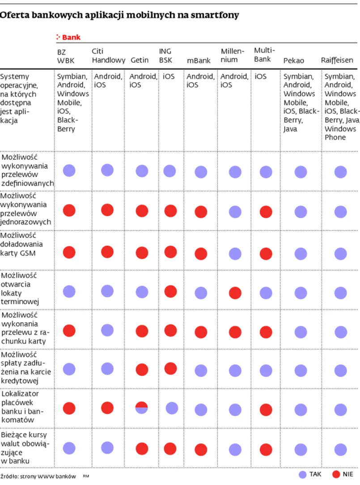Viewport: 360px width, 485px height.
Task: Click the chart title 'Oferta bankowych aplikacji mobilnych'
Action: [x=119, y=15]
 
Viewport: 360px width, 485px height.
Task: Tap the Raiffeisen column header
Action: [x=337, y=60]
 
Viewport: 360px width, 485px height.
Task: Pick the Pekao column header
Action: [x=294, y=60]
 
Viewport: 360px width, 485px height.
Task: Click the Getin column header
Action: [x=140, y=60]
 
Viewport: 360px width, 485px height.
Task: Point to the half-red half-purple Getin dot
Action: [x=142, y=408]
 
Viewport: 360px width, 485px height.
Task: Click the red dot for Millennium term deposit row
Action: [x=235, y=294]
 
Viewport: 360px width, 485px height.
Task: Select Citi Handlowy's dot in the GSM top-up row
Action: [x=107, y=252]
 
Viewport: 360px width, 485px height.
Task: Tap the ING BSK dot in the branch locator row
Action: [x=172, y=408]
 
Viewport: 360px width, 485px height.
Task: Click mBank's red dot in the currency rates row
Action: [x=201, y=449]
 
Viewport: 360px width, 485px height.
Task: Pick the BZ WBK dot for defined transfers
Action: [x=69, y=170]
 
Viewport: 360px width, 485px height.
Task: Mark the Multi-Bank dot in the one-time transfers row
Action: [x=266, y=212]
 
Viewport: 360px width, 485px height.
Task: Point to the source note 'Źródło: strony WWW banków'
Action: [x=38, y=476]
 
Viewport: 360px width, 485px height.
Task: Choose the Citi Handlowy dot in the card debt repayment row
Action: [x=107, y=369]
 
